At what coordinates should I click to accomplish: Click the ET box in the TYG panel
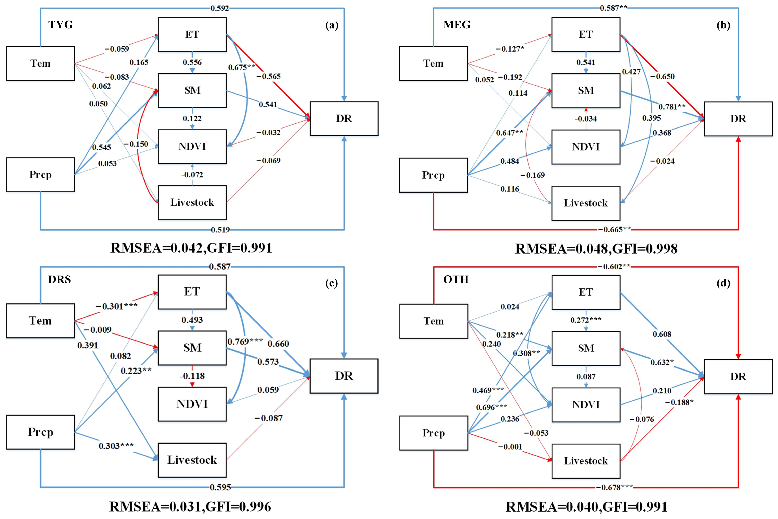pos(192,34)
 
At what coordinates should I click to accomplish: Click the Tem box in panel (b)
pos(433,63)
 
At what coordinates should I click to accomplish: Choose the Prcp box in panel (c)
pos(40,432)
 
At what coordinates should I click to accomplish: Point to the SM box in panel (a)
pos(192,90)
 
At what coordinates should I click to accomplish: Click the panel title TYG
pos(61,24)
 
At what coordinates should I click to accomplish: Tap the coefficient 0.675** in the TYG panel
pos(242,67)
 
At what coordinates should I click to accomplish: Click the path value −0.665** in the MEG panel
pos(614,229)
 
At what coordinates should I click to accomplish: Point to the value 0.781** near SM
pos(672,107)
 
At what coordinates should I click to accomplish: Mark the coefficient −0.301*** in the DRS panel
pos(116,306)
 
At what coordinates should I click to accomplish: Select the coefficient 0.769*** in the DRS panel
pos(245,341)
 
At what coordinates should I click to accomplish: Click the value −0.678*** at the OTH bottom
pos(614,487)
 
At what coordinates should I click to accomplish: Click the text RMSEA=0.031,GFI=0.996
pos(190,506)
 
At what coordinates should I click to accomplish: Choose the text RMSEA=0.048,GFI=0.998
pos(596,249)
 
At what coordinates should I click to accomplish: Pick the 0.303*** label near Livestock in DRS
pos(116,446)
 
